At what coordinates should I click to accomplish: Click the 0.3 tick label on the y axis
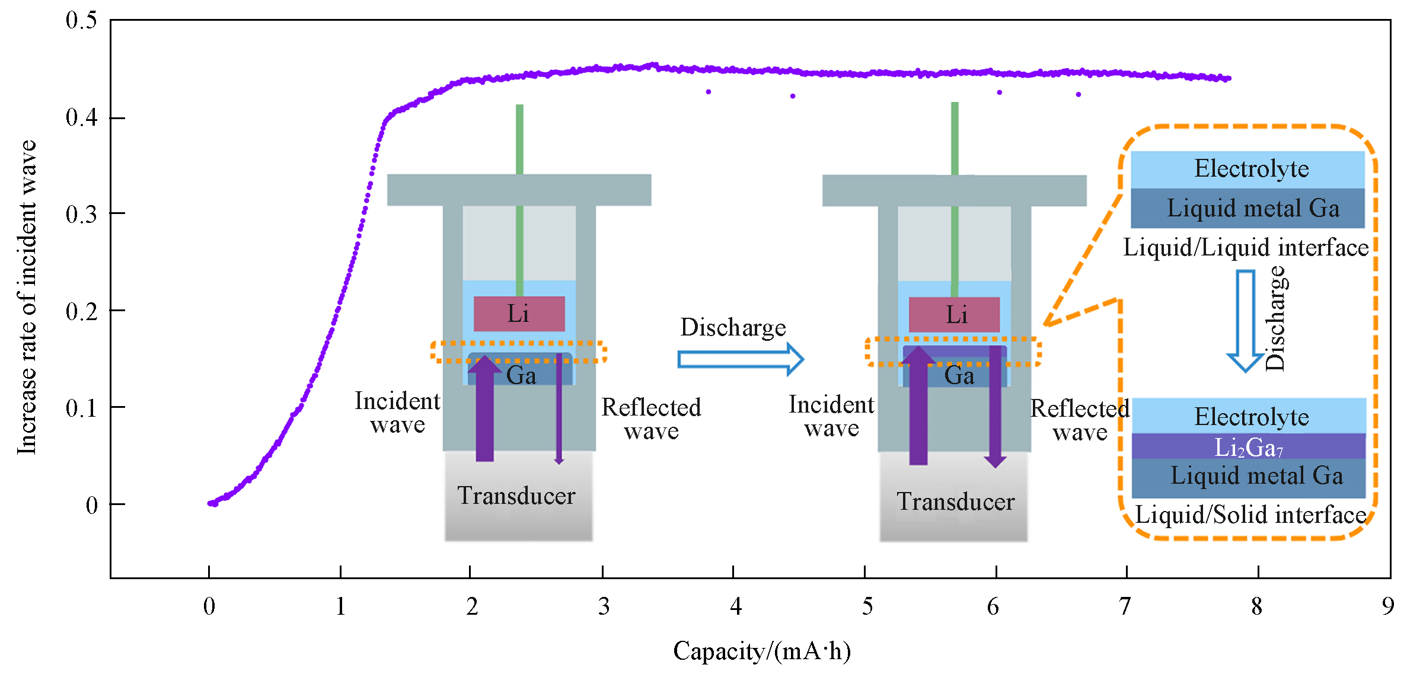(81, 214)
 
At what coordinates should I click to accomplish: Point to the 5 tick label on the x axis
(867, 606)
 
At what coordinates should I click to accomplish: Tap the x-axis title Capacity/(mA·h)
(761, 651)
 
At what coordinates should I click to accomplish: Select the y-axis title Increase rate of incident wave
(27, 298)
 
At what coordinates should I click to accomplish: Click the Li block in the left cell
(519, 314)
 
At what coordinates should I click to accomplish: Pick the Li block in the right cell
(954, 314)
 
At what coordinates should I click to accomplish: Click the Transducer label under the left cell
(516, 496)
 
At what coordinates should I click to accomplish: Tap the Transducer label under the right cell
(955, 501)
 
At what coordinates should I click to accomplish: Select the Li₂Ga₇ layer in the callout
(1248, 447)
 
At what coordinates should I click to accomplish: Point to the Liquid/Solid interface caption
(1250, 515)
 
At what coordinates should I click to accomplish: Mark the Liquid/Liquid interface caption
(1246, 247)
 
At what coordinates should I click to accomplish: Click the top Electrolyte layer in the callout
(1248, 169)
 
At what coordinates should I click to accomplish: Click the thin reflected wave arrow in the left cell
(559, 409)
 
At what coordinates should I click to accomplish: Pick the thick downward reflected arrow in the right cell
(995, 409)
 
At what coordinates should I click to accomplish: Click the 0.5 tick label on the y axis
(81, 20)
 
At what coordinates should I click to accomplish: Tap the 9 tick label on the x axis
(1387, 606)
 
